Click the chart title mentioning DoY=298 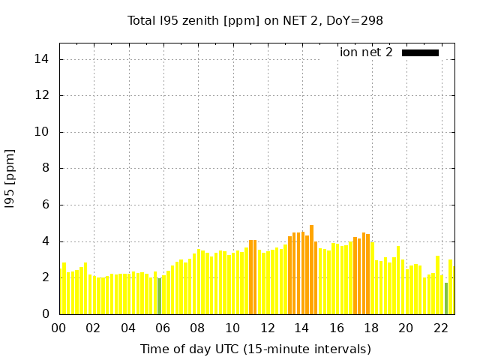(x=255, y=21)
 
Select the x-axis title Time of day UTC (x=255, y=349)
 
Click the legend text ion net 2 (x=366, y=52)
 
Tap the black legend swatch (x=420, y=52)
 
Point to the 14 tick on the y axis (x=45, y=59)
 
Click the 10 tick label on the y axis (x=45, y=132)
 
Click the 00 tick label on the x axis (x=58, y=328)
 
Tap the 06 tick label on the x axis (x=163, y=328)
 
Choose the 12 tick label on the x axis (x=267, y=328)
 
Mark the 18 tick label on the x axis (x=371, y=328)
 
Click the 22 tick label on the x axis (x=440, y=328)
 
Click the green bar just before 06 (x=159, y=296)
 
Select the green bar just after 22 (x=446, y=298)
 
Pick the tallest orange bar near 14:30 (x=311, y=270)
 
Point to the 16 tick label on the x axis (x=336, y=328)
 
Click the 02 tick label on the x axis (x=93, y=328)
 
